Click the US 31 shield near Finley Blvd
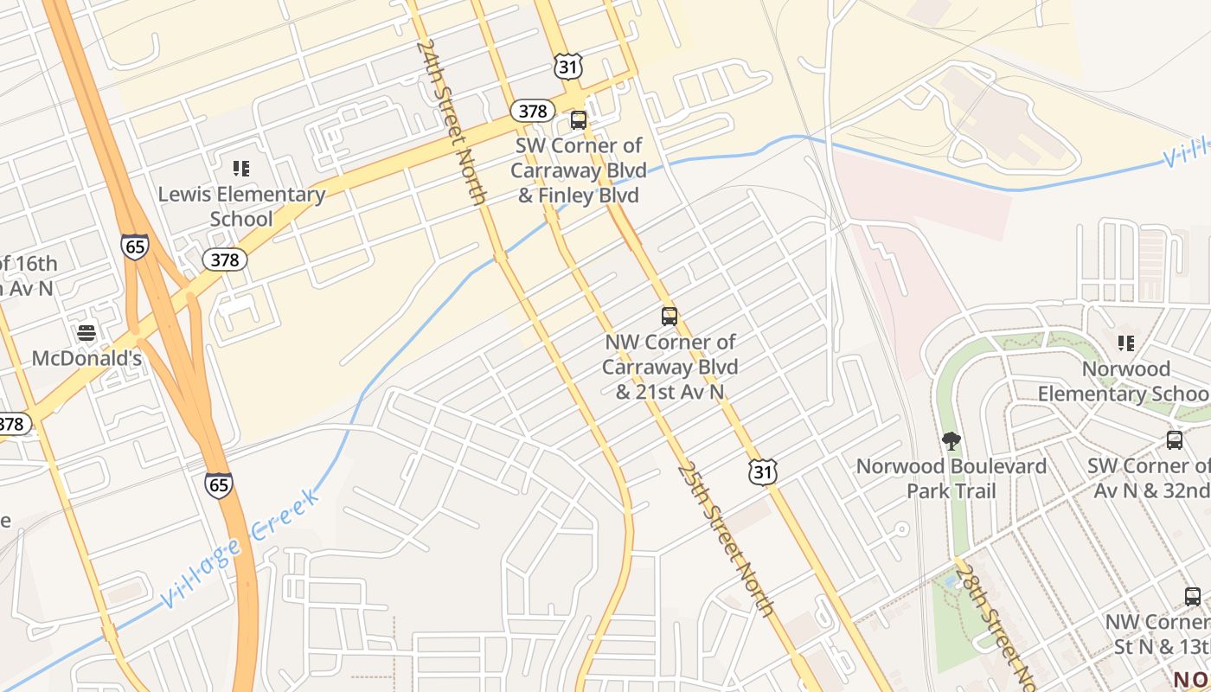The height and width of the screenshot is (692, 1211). pyautogui.click(x=569, y=67)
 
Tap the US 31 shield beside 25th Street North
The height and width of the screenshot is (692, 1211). pyautogui.click(x=763, y=471)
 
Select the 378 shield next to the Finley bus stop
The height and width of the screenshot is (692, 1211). pyautogui.click(x=532, y=111)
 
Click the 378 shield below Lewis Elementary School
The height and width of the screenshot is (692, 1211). pyautogui.click(x=225, y=259)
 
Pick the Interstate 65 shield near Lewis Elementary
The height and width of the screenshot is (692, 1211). pyautogui.click(x=134, y=247)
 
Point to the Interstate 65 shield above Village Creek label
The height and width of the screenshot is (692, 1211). pyautogui.click(x=220, y=484)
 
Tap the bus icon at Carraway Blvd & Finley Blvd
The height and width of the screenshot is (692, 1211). pyautogui.click(x=579, y=120)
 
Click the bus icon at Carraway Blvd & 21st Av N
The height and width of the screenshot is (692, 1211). pyautogui.click(x=670, y=317)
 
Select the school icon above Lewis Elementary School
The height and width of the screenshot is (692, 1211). pyautogui.click(x=241, y=168)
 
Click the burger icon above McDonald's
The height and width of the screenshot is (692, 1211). pyautogui.click(x=86, y=332)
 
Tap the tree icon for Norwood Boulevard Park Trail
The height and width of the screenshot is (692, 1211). pyautogui.click(x=951, y=441)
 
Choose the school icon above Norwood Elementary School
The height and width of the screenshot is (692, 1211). pyautogui.click(x=1125, y=343)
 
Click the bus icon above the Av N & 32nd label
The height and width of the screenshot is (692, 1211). pyautogui.click(x=1175, y=439)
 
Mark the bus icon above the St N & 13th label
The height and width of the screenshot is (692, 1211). pyautogui.click(x=1193, y=596)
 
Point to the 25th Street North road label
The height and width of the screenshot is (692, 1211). pyautogui.click(x=725, y=539)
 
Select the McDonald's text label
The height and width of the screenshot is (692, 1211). pyautogui.click(x=86, y=357)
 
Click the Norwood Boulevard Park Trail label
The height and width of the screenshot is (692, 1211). pyautogui.click(x=951, y=478)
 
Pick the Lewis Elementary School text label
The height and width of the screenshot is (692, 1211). pyautogui.click(x=241, y=206)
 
